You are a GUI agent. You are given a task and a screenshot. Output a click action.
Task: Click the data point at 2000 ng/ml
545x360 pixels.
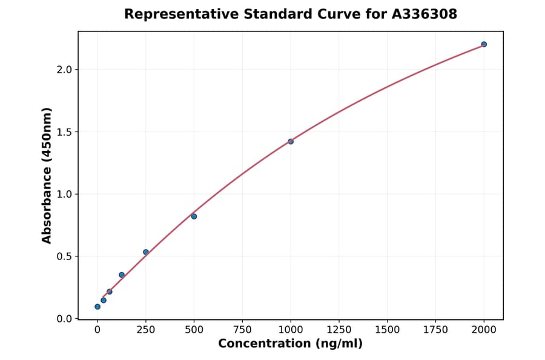point(484,44)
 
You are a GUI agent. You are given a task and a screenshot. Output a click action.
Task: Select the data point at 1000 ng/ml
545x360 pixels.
point(291,141)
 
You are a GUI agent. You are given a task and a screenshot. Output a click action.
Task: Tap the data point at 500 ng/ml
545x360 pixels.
point(194,216)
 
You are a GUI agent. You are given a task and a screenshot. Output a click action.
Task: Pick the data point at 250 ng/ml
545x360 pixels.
point(146,252)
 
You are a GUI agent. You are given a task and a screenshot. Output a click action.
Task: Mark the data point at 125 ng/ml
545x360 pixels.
point(122,275)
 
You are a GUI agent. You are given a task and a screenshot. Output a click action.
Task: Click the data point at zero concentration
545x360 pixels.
point(97,307)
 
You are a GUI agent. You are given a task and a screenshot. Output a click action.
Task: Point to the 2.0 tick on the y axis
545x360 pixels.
point(64,70)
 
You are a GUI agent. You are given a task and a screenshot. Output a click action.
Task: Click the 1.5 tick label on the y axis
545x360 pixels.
point(64,132)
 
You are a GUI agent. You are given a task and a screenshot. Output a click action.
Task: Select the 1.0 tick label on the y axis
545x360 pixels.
point(64,195)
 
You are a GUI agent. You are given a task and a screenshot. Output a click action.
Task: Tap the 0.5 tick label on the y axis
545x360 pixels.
point(64,256)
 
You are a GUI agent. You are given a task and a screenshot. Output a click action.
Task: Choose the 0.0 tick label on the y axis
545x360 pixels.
point(64,319)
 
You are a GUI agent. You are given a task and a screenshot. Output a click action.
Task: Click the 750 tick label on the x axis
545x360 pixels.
point(242,330)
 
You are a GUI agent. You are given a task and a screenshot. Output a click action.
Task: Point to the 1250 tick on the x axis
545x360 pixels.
point(339,330)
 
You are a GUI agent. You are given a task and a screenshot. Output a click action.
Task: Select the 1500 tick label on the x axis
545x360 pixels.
point(388,330)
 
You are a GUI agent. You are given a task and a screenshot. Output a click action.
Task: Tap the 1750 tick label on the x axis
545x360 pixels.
point(435,330)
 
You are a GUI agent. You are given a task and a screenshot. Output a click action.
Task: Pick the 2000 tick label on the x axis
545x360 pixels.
point(484,330)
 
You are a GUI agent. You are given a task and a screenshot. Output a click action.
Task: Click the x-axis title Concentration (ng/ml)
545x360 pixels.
point(290,344)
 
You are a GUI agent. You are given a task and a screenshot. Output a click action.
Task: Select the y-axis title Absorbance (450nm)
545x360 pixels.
point(47,175)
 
